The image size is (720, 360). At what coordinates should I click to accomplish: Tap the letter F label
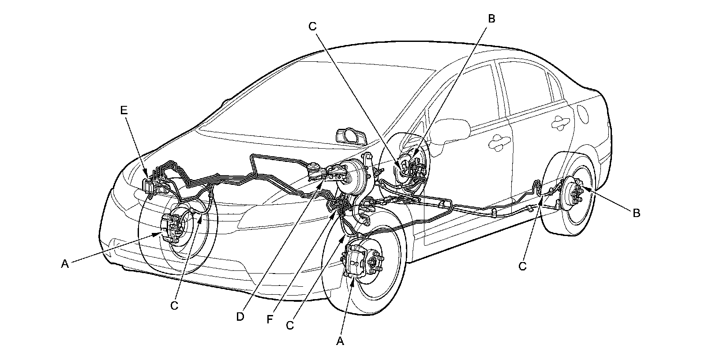pos(270,319)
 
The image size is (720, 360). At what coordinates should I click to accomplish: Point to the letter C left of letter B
pos(312,26)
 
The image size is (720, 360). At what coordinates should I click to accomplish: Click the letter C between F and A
pos(290,325)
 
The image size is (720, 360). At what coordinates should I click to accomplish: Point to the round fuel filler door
pos(583,114)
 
